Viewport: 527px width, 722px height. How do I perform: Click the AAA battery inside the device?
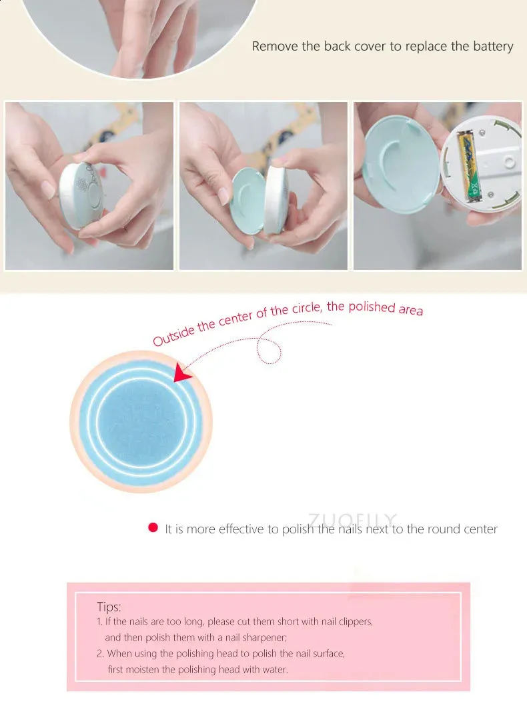pyautogui.click(x=469, y=167)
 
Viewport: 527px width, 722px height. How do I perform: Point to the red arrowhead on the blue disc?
pyautogui.click(x=182, y=371)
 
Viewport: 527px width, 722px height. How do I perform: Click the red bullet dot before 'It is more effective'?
pyautogui.click(x=153, y=528)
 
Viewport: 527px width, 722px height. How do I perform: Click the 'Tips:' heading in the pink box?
pyautogui.click(x=109, y=607)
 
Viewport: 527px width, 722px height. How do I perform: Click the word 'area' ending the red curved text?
pyautogui.click(x=411, y=309)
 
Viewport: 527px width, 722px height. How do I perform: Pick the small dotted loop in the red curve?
pyautogui.click(x=269, y=351)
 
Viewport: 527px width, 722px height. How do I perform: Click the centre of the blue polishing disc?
pyautogui.click(x=141, y=422)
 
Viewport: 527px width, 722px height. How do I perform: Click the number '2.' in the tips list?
pyautogui.click(x=101, y=653)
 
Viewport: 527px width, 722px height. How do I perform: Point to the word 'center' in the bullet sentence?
pyautogui.click(x=480, y=529)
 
